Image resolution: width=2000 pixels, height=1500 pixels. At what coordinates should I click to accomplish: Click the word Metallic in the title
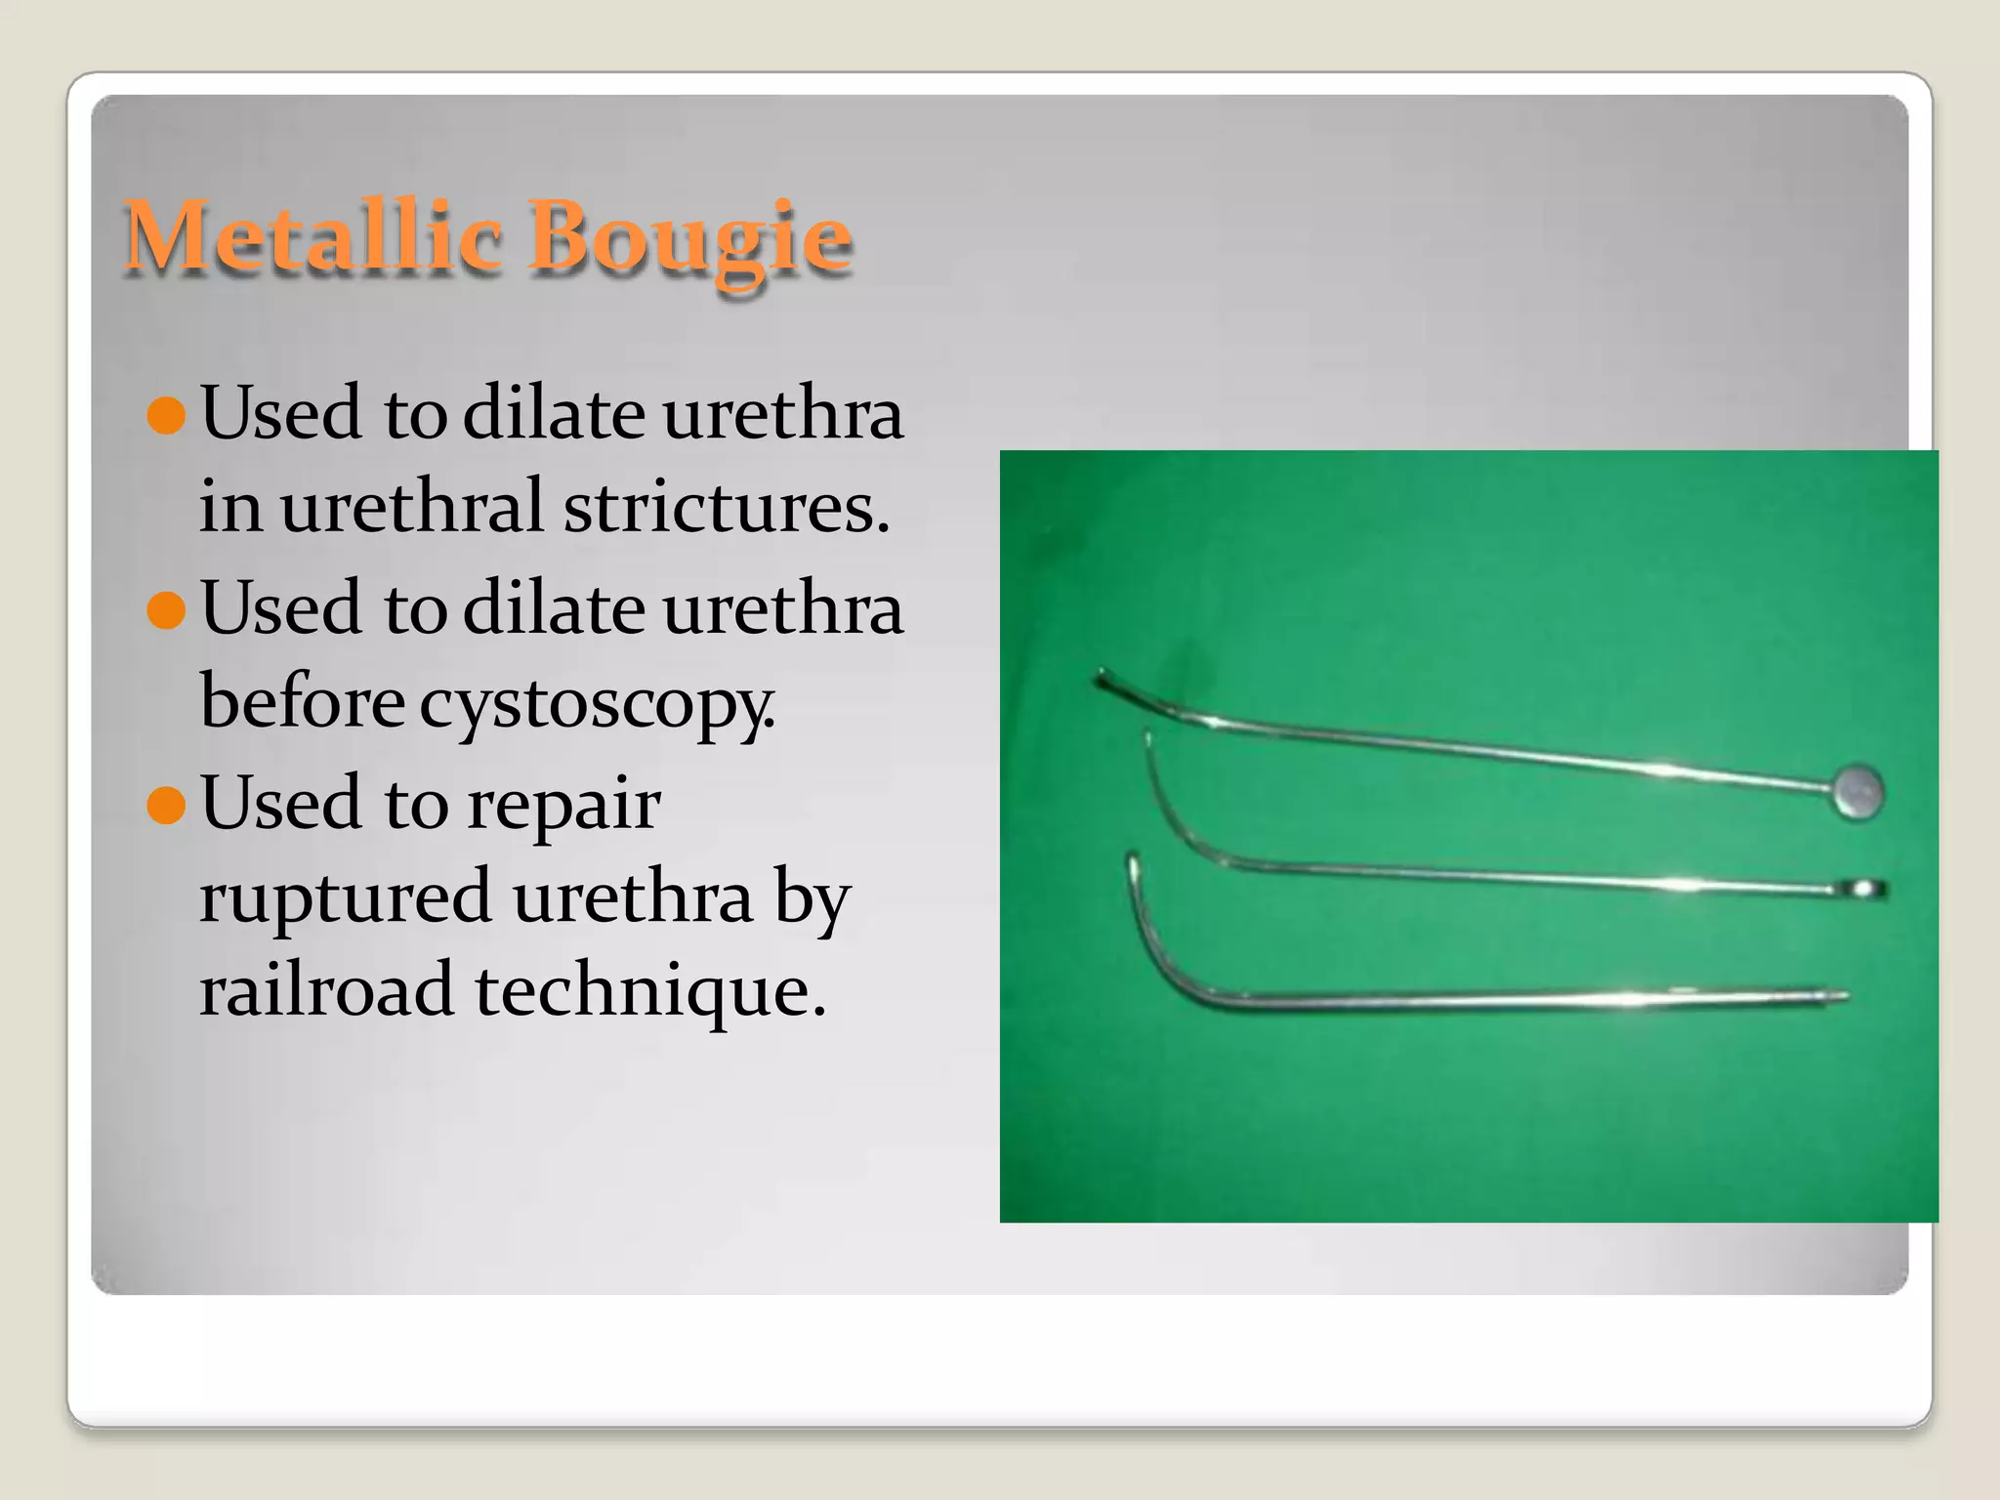tap(312, 236)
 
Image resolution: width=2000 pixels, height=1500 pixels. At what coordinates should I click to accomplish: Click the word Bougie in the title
tap(689, 238)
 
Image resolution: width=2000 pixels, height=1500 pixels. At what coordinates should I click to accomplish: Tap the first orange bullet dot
tap(166, 415)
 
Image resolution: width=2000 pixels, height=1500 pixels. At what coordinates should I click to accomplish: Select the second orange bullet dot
tap(166, 610)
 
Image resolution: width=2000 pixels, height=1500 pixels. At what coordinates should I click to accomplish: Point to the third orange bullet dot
tap(166, 806)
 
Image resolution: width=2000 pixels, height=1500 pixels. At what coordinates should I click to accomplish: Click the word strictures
tap(727, 508)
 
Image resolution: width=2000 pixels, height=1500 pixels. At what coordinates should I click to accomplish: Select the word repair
tap(563, 806)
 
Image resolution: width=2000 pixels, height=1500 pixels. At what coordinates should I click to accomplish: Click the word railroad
tap(326, 990)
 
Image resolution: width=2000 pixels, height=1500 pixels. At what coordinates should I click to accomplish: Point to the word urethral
tap(411, 508)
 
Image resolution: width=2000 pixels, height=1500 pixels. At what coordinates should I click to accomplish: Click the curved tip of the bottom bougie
tap(1133, 867)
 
